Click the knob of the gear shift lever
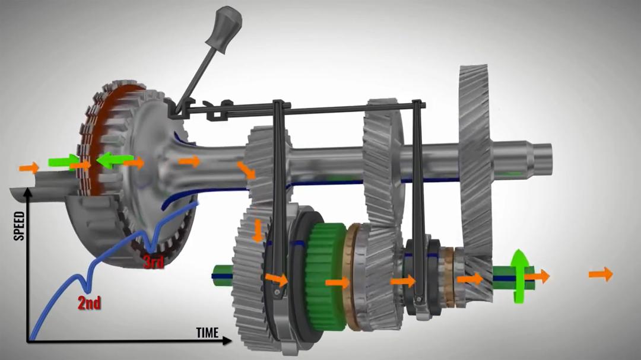(x=224, y=27)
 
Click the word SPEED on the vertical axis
(x=19, y=225)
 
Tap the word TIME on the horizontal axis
(x=207, y=333)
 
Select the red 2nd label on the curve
(x=89, y=303)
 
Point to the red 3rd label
(x=154, y=262)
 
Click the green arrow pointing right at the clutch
(x=64, y=161)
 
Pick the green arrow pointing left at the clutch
(x=114, y=160)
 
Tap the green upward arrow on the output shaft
(x=519, y=275)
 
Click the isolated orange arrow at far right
(x=601, y=274)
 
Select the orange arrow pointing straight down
(x=257, y=231)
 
